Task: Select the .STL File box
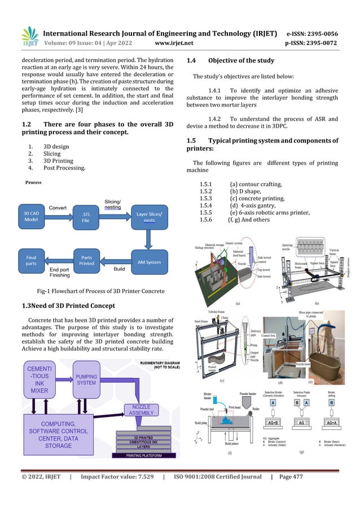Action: [x=86, y=217]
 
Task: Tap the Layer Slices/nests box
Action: [x=149, y=217]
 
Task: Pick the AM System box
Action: [x=149, y=262]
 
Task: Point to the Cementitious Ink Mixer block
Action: [x=39, y=378]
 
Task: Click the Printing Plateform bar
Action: [x=143, y=455]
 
